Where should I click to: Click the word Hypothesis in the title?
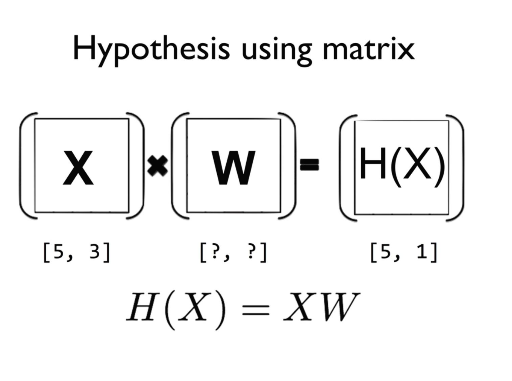point(151,49)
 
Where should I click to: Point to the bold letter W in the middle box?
point(233,168)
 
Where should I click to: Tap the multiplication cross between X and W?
point(158,166)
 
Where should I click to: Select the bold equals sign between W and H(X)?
point(309,165)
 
